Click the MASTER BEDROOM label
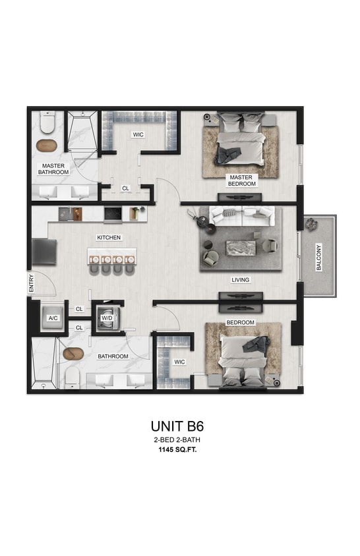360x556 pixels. [x=241, y=181]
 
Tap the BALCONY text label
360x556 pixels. [x=319, y=258]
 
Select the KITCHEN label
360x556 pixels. [x=109, y=236]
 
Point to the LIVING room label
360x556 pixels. [x=241, y=280]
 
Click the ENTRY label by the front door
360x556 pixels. [x=30, y=285]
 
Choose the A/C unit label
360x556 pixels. [x=53, y=318]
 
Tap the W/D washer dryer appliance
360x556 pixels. [x=107, y=318]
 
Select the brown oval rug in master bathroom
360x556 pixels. [x=47, y=145]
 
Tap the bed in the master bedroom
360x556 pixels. [x=241, y=140]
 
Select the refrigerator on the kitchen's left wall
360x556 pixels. [x=44, y=251]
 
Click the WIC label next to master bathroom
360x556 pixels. [x=138, y=134]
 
